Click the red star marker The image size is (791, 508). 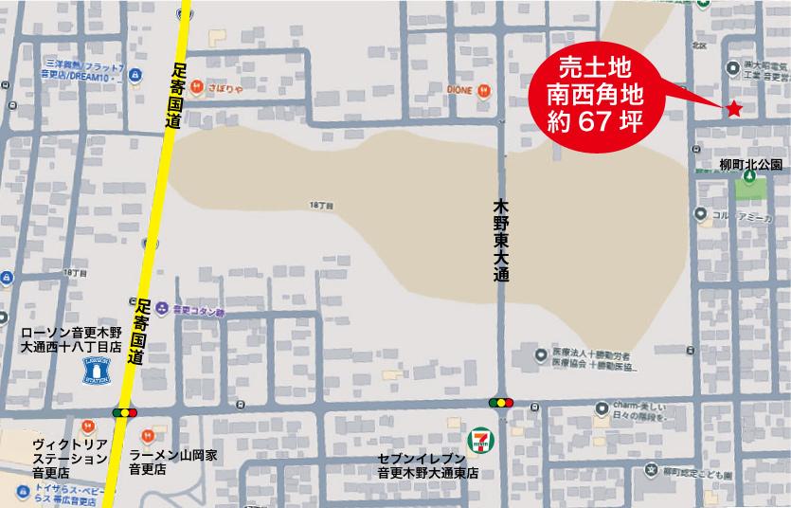tap(733, 109)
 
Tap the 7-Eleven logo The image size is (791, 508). tap(480, 439)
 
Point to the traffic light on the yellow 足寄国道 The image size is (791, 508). tap(125, 412)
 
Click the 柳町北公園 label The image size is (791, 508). tap(750, 164)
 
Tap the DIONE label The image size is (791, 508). tap(459, 89)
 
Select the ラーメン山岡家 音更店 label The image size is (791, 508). tap(173, 462)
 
